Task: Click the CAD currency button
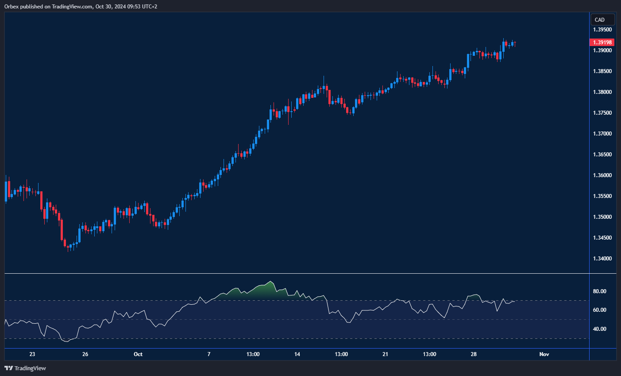602,19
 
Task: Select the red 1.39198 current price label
602,43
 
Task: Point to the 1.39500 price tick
602,30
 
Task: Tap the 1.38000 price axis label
602,92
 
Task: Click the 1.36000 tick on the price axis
602,175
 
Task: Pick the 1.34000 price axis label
602,259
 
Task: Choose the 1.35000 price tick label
602,217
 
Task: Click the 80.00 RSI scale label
600,291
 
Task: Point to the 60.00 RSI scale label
600,310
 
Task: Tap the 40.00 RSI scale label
600,329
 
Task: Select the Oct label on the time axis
138,354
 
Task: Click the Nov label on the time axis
544,354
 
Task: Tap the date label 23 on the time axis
32,354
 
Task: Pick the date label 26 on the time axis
85,354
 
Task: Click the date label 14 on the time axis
297,354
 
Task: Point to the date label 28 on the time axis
474,354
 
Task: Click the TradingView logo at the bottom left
25,368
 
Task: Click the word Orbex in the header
12,7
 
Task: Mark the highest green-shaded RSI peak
270,282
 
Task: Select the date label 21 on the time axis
386,354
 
